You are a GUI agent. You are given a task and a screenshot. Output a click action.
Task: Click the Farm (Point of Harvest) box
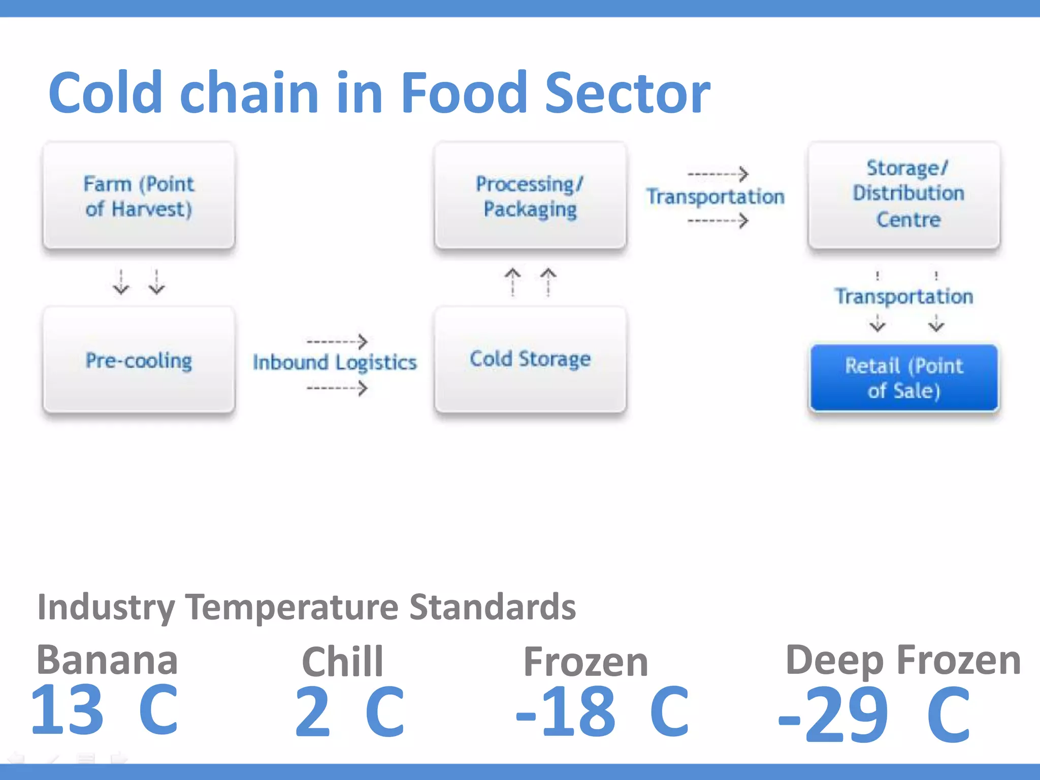(139, 196)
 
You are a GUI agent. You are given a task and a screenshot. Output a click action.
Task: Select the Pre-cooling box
(139, 360)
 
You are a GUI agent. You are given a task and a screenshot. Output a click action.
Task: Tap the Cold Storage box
(530, 359)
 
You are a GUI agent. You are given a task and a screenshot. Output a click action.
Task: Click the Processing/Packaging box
(530, 196)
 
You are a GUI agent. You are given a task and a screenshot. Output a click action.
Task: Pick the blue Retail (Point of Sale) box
(904, 378)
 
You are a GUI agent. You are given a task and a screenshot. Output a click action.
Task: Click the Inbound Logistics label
(335, 363)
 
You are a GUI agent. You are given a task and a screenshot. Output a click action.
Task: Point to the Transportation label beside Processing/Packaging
(715, 197)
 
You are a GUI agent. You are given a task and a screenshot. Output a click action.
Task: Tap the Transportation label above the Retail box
(904, 296)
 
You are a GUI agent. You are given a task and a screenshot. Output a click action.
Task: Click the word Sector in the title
(627, 93)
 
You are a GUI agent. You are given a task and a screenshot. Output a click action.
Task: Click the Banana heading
(107, 660)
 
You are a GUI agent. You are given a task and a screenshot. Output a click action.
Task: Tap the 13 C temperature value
(104, 710)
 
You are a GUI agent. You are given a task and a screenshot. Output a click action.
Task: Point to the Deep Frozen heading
(903, 660)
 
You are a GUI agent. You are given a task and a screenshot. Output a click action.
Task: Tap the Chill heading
(342, 662)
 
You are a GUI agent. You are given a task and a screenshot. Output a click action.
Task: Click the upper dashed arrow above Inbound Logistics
(337, 341)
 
